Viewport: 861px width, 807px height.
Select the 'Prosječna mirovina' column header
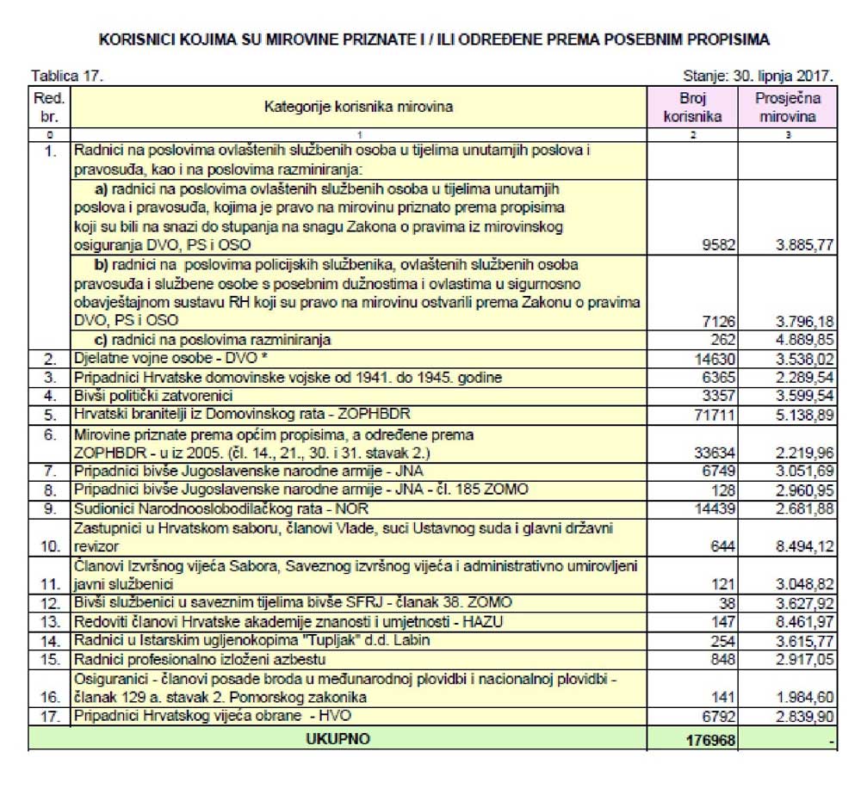[787, 107]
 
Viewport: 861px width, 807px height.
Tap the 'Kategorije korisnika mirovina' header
[358, 107]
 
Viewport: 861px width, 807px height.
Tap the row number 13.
[51, 621]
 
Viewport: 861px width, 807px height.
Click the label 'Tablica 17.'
[67, 76]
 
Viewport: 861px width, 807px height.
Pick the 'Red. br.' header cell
[51, 107]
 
